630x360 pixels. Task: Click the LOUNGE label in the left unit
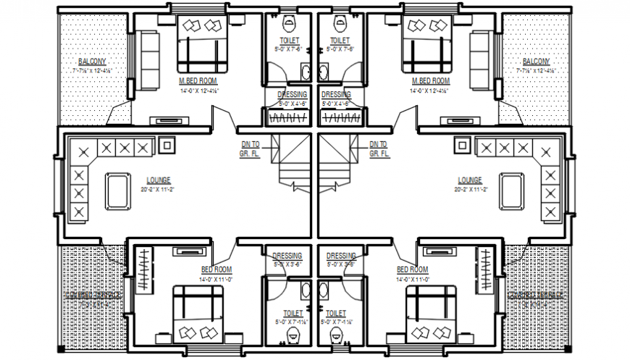158,180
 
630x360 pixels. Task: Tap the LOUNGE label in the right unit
470,180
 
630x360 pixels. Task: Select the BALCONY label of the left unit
92,62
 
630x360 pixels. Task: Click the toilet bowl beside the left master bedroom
288,21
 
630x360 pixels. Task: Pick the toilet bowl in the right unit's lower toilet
336,335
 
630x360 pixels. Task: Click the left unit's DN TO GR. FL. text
250,149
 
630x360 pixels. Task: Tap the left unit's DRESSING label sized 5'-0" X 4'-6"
293,95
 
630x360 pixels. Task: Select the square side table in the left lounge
167,144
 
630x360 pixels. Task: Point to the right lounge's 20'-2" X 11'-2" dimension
470,189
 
